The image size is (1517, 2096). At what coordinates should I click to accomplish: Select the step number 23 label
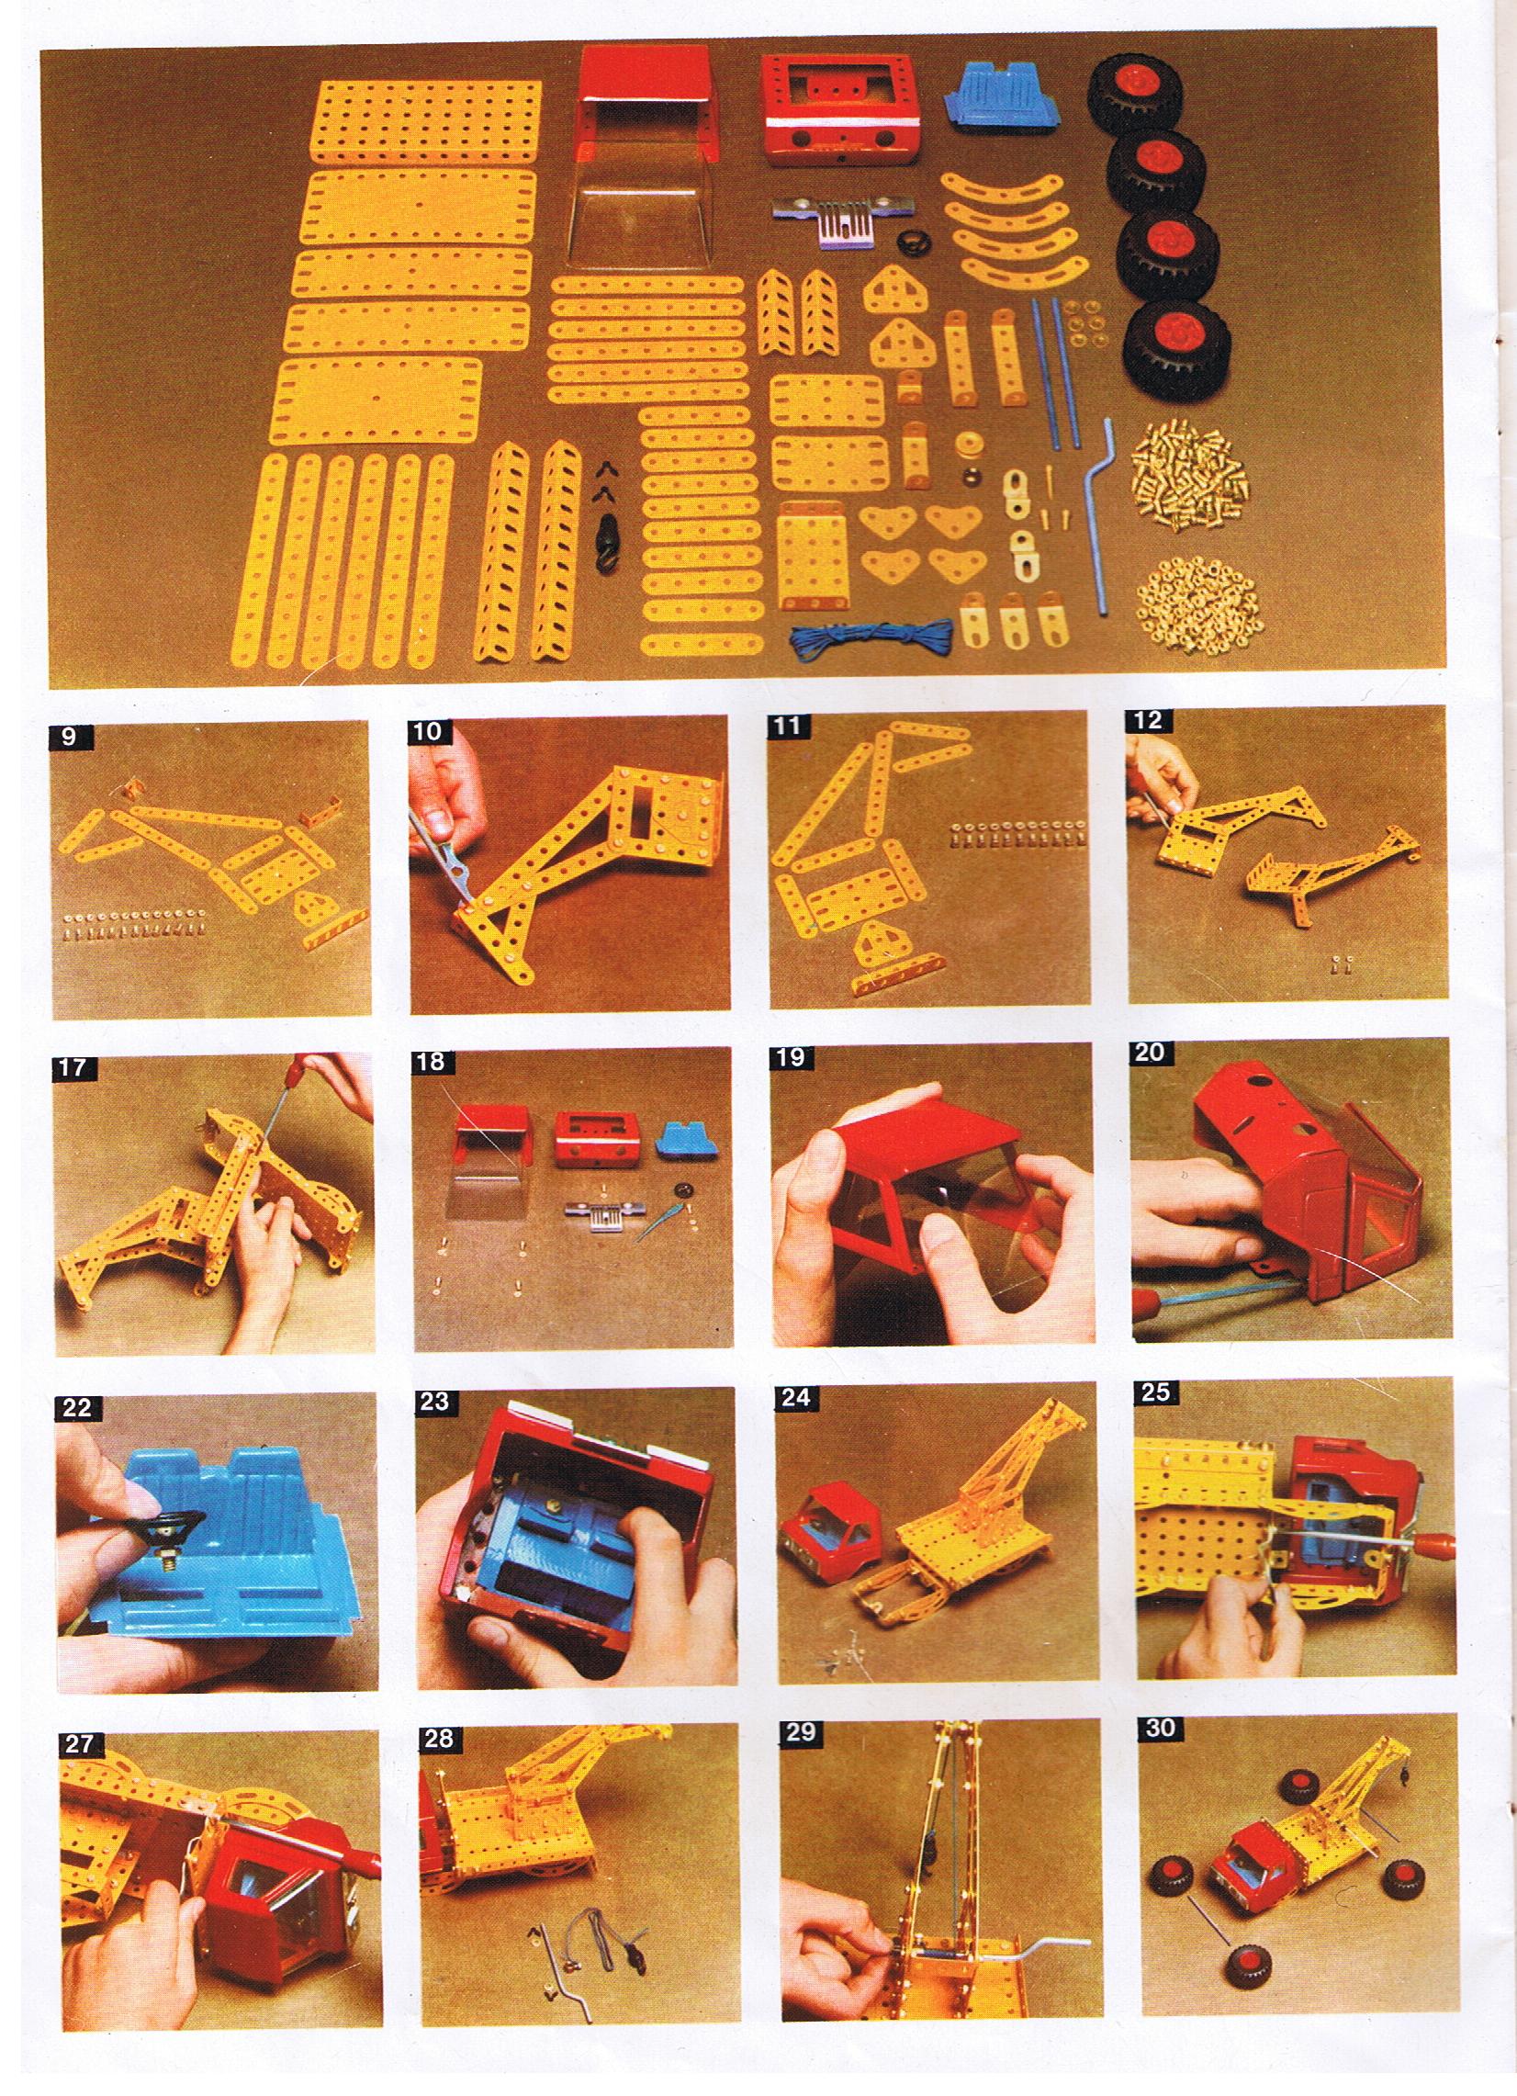coord(433,1401)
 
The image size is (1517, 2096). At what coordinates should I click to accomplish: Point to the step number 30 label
coord(1160,1729)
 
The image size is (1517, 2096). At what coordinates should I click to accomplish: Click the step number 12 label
coord(1147,722)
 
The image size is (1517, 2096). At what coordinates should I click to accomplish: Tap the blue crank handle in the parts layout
coord(1104,515)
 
